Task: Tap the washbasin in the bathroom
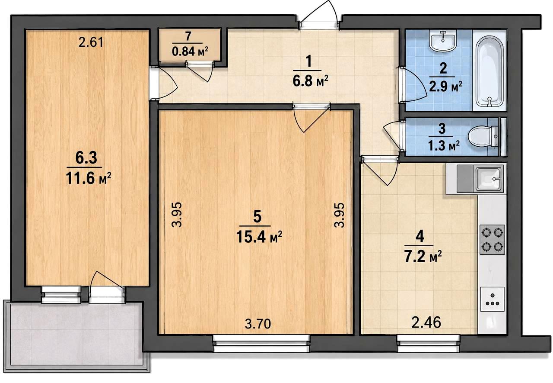coord(443,41)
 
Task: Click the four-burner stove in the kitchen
coord(492,240)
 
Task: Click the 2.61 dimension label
coord(91,42)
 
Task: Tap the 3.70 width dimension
coord(258,324)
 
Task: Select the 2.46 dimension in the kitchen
coord(426,322)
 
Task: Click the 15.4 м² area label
coord(259,237)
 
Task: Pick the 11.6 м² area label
coord(88,178)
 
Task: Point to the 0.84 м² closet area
coord(190,51)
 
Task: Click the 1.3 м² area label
coord(444,146)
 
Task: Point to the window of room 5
coord(261,344)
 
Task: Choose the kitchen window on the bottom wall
coord(428,343)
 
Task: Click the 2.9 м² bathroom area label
coord(445,87)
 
